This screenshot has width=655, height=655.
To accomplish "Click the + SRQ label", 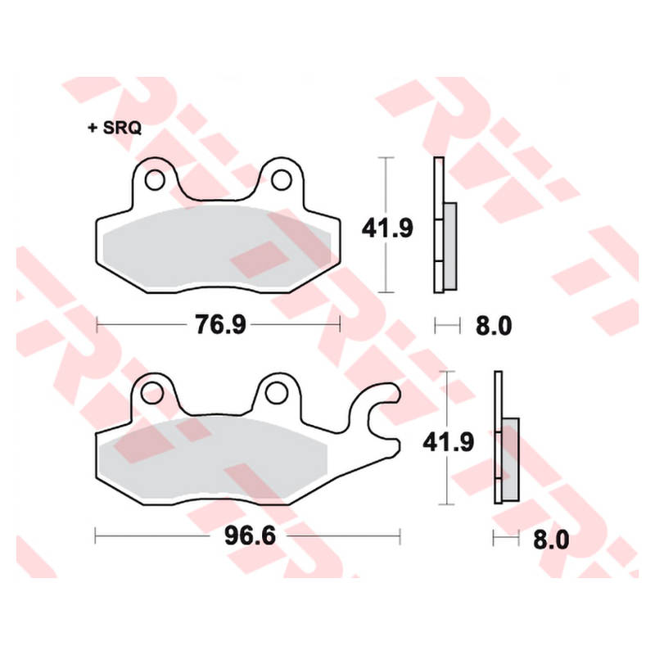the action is tap(115, 128).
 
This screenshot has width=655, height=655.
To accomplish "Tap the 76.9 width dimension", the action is tap(220, 324).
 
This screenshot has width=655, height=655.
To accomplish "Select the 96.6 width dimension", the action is tap(251, 535).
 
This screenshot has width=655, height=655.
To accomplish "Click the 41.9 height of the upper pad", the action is tap(387, 228).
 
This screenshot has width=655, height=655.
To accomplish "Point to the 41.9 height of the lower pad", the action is tap(448, 442).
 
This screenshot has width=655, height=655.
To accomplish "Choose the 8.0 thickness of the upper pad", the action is tap(494, 326).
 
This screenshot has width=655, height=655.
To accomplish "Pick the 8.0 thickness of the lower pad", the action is tap(551, 540).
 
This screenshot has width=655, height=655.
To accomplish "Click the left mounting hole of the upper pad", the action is tap(155, 180).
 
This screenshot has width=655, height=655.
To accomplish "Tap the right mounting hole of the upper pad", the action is tap(281, 180).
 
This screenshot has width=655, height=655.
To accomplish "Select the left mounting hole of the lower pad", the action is tap(151, 394).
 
